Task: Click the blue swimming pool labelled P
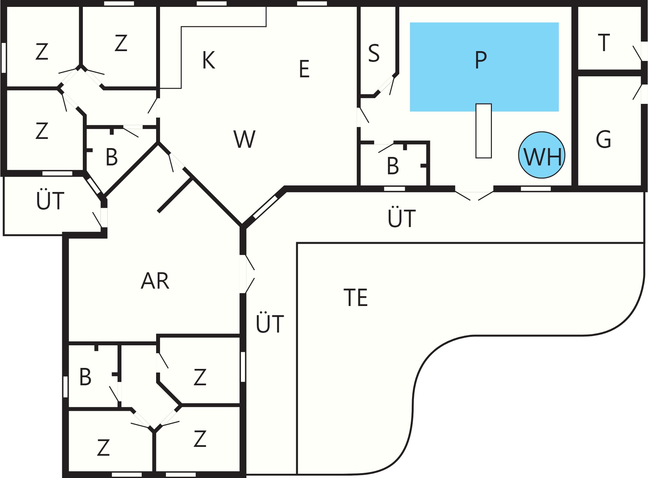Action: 484,67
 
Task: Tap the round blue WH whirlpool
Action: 542,155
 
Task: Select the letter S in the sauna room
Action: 374,53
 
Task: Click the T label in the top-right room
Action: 604,43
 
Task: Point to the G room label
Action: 603,139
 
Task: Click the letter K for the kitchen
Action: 208,60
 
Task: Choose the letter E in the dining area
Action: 304,69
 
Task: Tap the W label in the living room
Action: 244,139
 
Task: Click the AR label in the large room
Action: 155,281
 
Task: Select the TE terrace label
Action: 356,297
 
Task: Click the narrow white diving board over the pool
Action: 484,131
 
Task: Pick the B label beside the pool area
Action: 393,166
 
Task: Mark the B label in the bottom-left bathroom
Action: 85,377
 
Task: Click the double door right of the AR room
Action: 247,274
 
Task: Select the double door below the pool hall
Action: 474,195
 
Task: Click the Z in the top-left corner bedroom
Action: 42,51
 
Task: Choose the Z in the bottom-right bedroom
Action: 200,439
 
